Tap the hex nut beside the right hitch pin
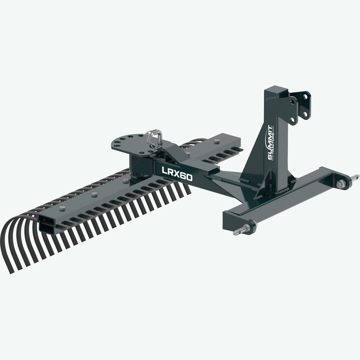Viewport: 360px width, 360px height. coord(340,184)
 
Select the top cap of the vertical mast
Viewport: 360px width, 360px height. coord(275,89)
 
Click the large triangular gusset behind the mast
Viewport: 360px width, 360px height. coord(254,158)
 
